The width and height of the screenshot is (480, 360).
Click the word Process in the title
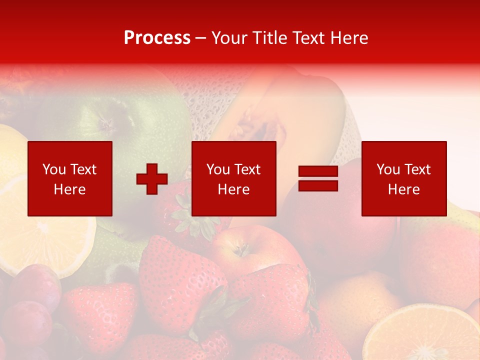coord(157,38)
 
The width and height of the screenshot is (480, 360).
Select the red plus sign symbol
coord(152,179)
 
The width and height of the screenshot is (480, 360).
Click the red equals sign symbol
coord(318,178)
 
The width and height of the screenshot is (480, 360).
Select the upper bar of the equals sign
coord(318,171)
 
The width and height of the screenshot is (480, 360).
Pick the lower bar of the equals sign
coord(318,185)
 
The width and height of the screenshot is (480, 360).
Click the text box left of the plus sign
coord(70,178)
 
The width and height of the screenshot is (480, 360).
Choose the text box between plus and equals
coord(233,178)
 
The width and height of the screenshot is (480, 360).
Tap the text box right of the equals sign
coord(404,178)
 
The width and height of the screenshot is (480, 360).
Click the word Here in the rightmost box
coord(403,189)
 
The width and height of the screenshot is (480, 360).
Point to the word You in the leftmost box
coord(54,169)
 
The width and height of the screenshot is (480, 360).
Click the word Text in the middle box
coord(247,169)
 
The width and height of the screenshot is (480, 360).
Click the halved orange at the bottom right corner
coord(425,335)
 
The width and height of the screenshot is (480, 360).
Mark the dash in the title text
coord(200,38)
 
